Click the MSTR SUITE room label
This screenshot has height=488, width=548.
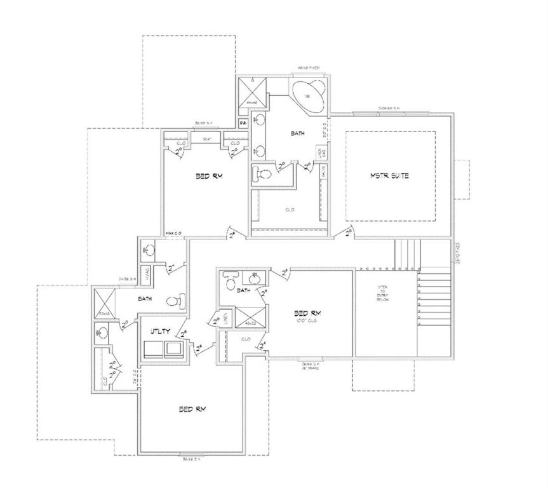click(x=390, y=175)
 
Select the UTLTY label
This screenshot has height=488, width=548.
click(x=160, y=332)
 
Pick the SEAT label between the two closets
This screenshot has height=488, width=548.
click(x=207, y=139)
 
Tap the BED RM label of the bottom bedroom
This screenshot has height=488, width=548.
click(x=192, y=409)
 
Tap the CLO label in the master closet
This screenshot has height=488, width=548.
click(x=289, y=209)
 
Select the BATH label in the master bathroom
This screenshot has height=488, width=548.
click(x=298, y=133)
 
